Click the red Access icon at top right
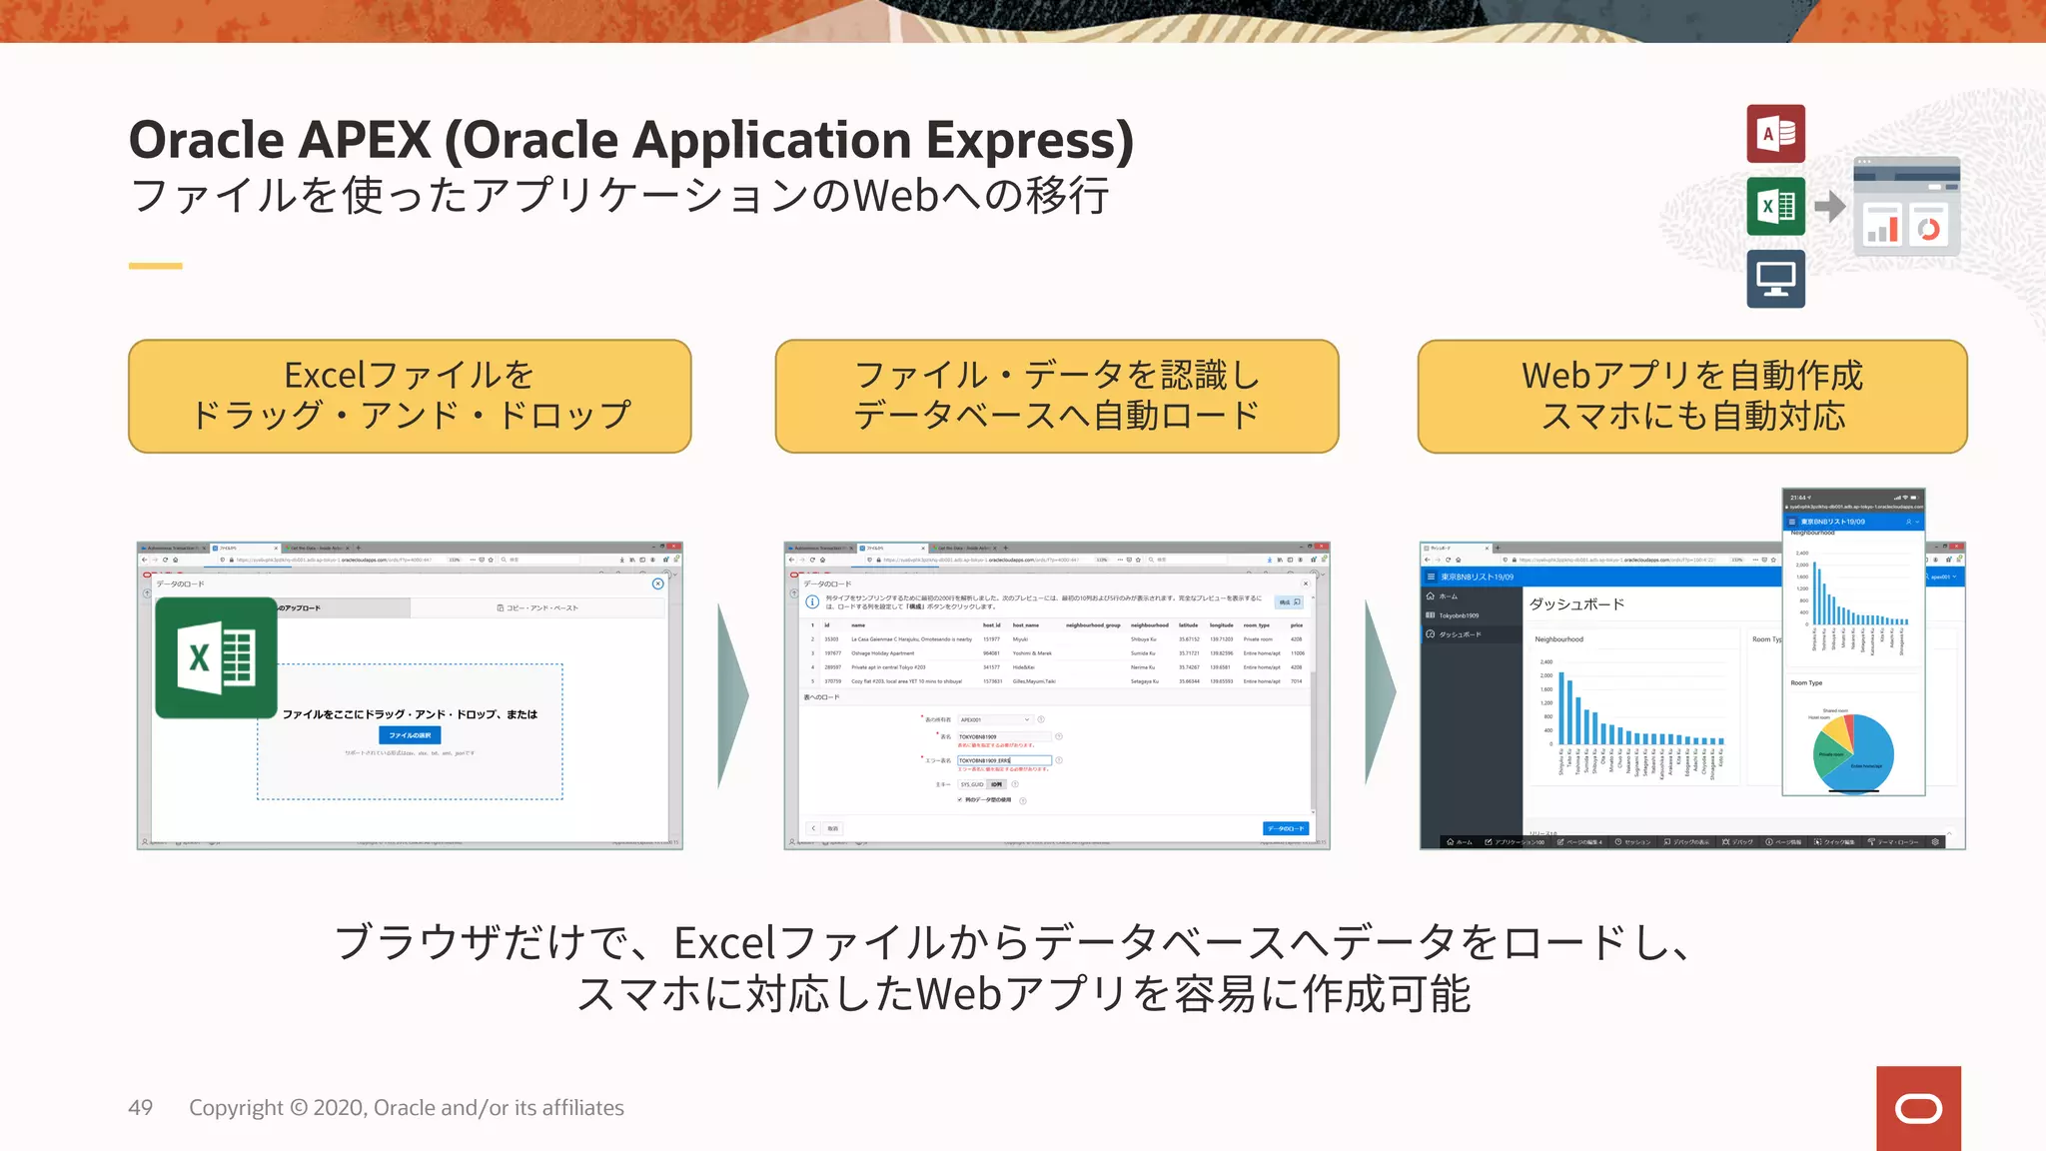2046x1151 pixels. pos(1775,134)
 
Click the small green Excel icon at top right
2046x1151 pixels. pos(1775,207)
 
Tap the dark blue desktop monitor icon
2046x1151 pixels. pos(1775,279)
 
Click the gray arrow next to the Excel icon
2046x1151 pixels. pos(1830,207)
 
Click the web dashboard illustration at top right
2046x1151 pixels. pos(1906,207)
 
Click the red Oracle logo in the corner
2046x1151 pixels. pos(1918,1108)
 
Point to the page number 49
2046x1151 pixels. pos(141,1108)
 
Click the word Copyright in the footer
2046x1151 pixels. pos(236,1108)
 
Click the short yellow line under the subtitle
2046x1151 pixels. pos(155,266)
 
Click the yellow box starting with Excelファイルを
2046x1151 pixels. pos(410,396)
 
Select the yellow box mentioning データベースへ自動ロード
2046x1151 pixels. pos(1056,396)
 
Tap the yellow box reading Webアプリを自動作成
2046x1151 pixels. pos(1691,396)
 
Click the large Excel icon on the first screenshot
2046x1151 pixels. pos(216,657)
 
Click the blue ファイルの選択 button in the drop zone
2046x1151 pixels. pos(410,735)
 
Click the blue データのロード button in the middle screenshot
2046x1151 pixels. pos(1285,828)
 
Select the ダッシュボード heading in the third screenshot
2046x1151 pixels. pos(1576,604)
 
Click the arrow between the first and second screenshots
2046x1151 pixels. pos(732,695)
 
